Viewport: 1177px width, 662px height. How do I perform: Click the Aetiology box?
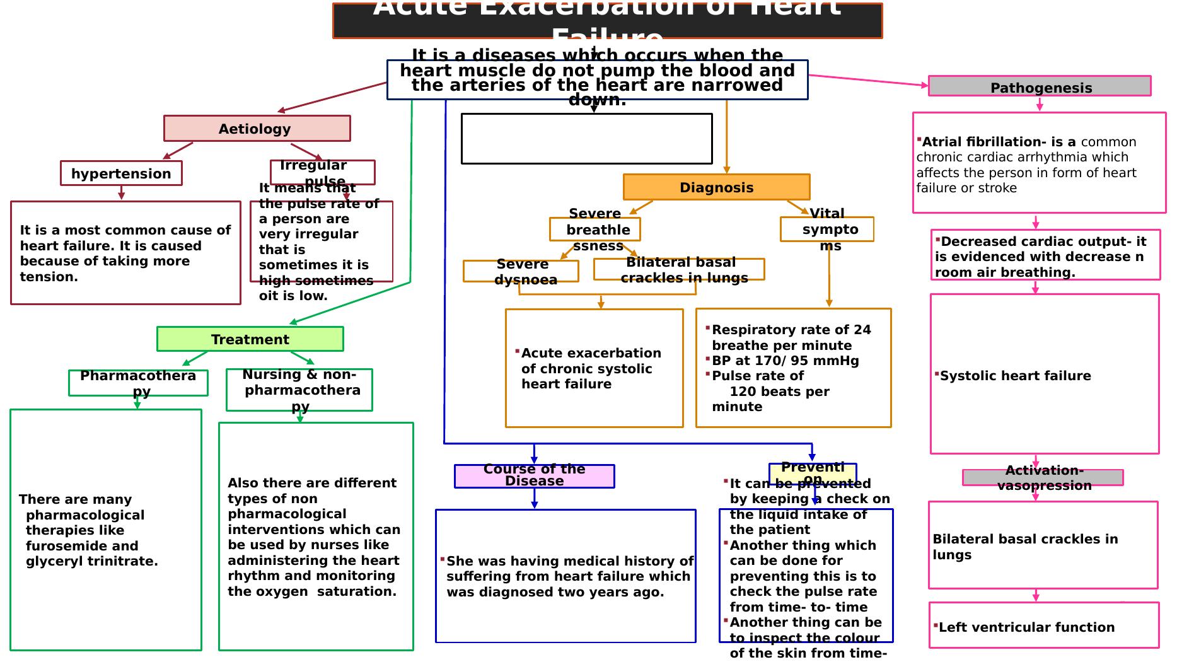257,129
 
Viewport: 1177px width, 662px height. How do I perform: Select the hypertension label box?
121,173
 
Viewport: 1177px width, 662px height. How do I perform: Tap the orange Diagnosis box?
716,187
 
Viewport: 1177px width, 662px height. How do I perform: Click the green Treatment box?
250,339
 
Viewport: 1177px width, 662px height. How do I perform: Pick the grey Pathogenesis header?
1040,87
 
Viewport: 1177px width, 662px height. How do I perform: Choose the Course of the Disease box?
534,476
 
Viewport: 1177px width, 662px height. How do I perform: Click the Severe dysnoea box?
521,271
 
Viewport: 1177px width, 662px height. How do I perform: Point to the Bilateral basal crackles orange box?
679,269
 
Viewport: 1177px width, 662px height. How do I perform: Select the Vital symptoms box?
826,229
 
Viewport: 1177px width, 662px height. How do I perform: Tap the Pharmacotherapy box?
138,383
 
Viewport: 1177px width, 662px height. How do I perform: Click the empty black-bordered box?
586,139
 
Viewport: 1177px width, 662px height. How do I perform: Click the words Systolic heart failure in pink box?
1015,376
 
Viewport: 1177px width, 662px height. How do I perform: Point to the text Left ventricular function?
1026,627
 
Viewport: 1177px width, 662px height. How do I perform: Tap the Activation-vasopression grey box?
1043,477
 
